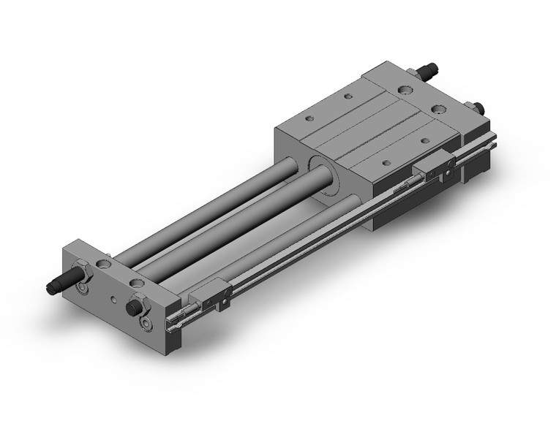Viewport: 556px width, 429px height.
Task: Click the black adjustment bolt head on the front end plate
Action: click(x=134, y=308)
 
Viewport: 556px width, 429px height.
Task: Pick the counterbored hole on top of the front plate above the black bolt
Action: click(x=135, y=281)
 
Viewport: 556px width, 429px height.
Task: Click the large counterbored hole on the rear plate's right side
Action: click(x=439, y=109)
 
